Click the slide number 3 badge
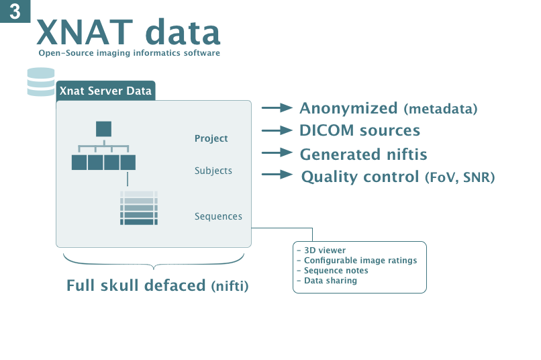15,11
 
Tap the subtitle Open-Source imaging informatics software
129,53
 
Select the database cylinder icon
41,82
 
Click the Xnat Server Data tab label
105,91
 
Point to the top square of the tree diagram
104,129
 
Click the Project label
211,138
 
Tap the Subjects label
213,171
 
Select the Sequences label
218,216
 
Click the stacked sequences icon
140,208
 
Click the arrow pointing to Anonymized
277,107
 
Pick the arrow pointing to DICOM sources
277,130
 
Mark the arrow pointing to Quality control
277,175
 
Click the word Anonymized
348,108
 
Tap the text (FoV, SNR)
460,177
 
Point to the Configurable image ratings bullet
360,261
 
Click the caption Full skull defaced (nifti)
158,285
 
